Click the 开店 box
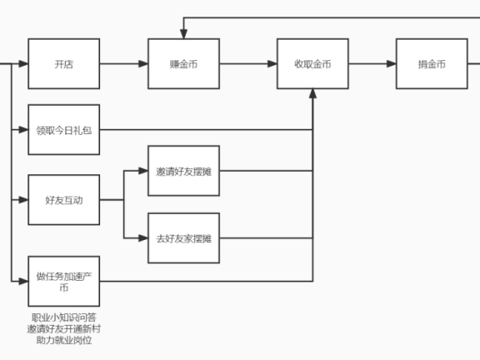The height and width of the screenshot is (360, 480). click(x=63, y=63)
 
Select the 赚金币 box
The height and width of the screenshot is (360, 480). click(x=183, y=63)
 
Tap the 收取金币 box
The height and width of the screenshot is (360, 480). click(x=312, y=63)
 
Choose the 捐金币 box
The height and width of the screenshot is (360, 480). click(x=432, y=63)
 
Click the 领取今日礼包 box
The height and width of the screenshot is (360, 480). click(x=63, y=130)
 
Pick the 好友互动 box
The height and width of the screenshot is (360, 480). click(x=63, y=200)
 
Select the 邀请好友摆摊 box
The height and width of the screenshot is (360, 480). click(x=183, y=171)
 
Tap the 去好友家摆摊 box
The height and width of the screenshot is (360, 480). click(x=183, y=238)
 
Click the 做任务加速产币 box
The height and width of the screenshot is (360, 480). click(x=63, y=281)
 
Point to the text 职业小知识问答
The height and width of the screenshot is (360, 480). click(x=63, y=318)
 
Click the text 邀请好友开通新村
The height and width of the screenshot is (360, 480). click(x=63, y=329)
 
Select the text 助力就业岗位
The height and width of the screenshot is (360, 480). click(x=63, y=340)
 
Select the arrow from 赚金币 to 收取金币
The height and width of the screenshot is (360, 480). click(x=247, y=63)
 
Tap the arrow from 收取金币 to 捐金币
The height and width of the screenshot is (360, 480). click(x=372, y=63)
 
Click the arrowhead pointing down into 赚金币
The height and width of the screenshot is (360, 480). click(x=183, y=34)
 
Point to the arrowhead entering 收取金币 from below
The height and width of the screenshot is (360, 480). click(x=312, y=93)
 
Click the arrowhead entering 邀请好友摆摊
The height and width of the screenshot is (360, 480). click(x=142, y=171)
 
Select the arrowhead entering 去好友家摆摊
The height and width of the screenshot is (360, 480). click(x=142, y=238)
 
